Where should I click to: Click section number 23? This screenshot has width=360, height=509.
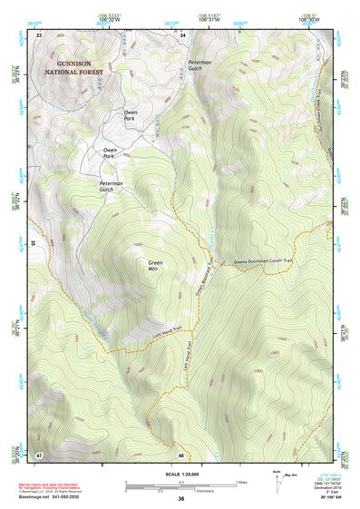39,34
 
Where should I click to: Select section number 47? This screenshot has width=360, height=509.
39,453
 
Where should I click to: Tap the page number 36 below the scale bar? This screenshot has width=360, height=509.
180,499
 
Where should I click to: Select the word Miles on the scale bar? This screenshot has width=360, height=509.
240,481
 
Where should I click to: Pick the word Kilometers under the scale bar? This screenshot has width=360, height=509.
186,491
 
